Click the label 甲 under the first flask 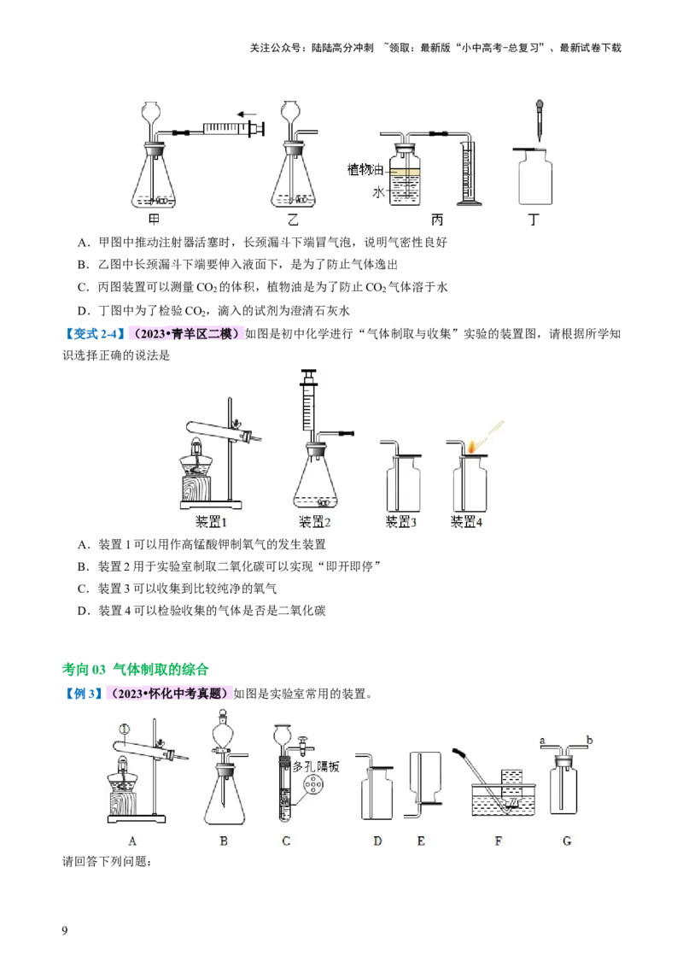[155, 220]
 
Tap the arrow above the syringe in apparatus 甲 [248, 113]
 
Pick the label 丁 [534, 220]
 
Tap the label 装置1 [210, 521]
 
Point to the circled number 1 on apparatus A [125, 729]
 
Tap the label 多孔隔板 [316, 767]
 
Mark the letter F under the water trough [499, 841]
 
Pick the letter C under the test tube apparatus [286, 841]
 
